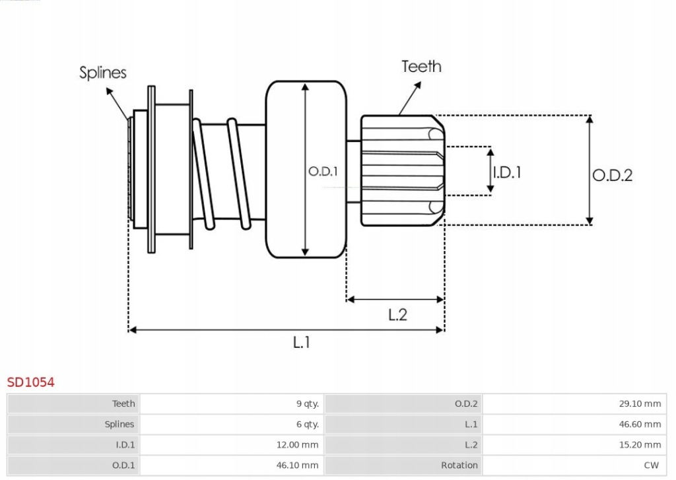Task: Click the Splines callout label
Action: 103,73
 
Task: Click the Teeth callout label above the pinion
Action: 421,67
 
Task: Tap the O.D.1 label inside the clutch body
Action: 323,171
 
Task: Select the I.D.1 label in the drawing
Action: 507,172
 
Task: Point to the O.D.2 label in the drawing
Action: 611,175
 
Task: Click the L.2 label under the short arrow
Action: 397,315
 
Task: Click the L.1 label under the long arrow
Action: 301,342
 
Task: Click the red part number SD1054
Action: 30,382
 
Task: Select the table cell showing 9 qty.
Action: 307,403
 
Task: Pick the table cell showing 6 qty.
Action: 307,424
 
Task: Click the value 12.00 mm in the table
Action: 297,445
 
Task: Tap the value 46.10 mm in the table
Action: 297,465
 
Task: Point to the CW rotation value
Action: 652,465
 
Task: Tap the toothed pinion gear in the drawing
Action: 399,171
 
